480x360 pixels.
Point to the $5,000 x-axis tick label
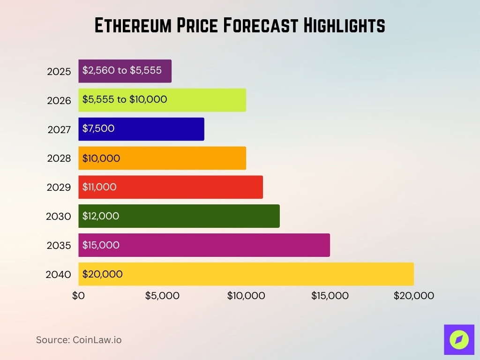click(162, 296)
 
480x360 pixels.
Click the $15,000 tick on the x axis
click(330, 296)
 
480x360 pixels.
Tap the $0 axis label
click(78, 296)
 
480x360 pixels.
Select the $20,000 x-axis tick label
click(413, 296)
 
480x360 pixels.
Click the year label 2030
click(59, 217)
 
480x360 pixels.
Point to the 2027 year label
click(59, 129)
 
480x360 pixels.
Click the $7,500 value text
click(98, 128)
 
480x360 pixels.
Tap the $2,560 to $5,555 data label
click(122, 70)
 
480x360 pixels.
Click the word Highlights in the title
click(344, 26)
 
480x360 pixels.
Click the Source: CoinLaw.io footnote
click(79, 340)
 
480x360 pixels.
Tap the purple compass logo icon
click(459, 339)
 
